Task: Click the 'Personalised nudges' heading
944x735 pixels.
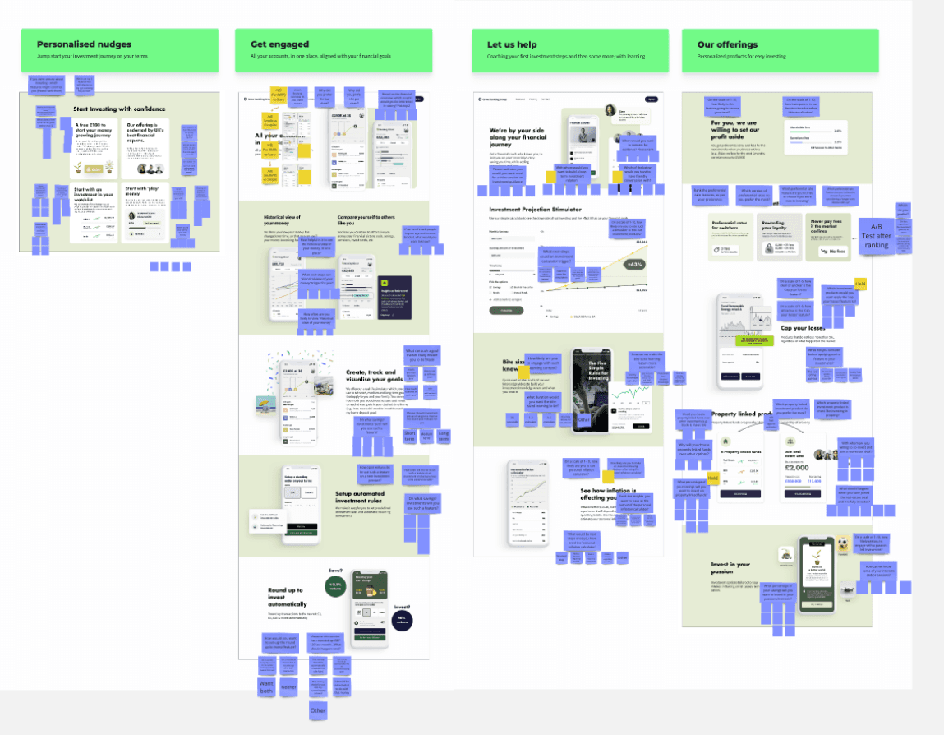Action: pyautogui.click(x=84, y=44)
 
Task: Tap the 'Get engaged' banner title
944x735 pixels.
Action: pyautogui.click(x=280, y=44)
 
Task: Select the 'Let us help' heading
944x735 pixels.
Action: pyautogui.click(x=513, y=44)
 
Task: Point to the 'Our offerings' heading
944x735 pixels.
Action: pyautogui.click(x=727, y=44)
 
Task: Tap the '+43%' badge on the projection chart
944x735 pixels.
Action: pyautogui.click(x=635, y=265)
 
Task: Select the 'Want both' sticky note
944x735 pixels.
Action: pyautogui.click(x=266, y=687)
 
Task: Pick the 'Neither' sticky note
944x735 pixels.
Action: pyautogui.click(x=288, y=687)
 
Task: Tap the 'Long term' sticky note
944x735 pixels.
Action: pyautogui.click(x=444, y=436)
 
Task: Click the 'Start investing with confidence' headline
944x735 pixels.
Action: pyautogui.click(x=119, y=109)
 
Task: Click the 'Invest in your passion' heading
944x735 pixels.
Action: pyautogui.click(x=730, y=568)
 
